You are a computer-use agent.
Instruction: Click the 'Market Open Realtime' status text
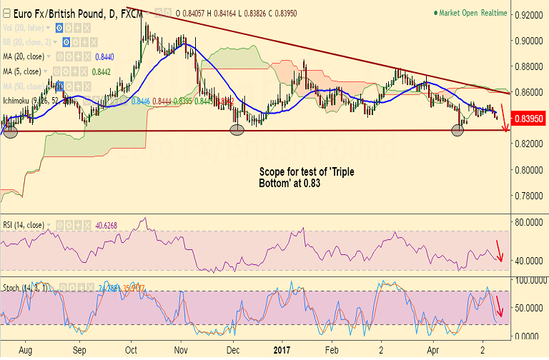pos(473,13)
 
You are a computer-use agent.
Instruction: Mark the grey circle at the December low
pos(238,130)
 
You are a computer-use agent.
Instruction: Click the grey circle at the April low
pos(457,129)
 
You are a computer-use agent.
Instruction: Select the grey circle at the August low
pos(10,131)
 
